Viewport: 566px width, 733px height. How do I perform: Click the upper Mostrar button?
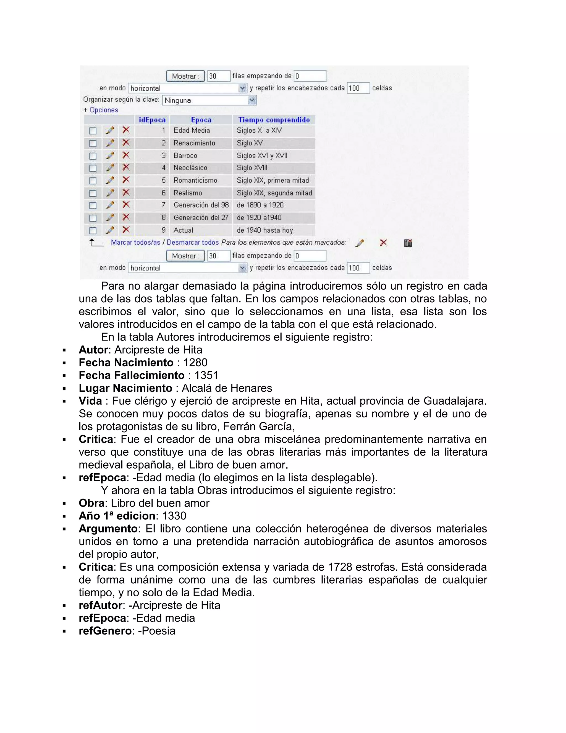[x=185, y=76]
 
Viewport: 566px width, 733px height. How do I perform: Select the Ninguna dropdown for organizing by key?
[x=209, y=100]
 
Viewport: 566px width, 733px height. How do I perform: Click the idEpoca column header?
[x=152, y=120]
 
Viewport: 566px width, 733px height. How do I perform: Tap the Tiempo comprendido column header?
[x=274, y=120]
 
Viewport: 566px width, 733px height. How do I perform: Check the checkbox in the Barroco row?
[x=93, y=156]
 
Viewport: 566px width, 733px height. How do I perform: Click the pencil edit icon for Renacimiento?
[x=110, y=143]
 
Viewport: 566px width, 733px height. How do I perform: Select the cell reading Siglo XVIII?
[x=252, y=168]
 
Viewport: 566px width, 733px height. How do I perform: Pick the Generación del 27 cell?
[x=201, y=217]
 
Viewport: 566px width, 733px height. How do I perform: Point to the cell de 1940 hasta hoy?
[x=264, y=230]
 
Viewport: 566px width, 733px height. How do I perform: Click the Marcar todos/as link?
[x=135, y=242]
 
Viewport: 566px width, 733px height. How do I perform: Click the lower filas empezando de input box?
[x=310, y=256]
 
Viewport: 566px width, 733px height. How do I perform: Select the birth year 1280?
[x=195, y=362]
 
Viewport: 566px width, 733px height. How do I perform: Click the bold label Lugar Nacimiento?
[x=125, y=388]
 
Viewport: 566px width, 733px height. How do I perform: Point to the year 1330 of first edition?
[x=174, y=516]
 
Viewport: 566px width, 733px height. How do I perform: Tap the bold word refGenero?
[x=105, y=631]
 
